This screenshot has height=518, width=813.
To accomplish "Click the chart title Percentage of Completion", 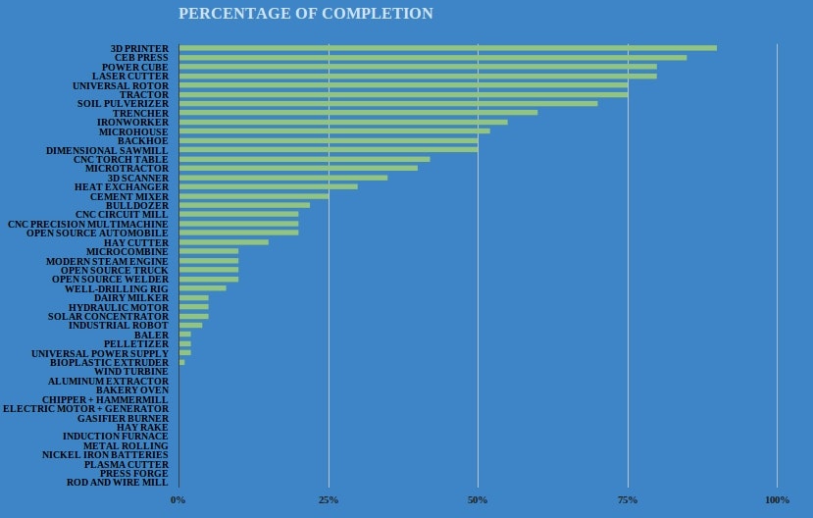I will pyautogui.click(x=305, y=14).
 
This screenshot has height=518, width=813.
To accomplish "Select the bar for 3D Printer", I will pyautogui.click(x=447, y=48).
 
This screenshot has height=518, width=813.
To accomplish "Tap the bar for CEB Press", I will pyautogui.click(x=432, y=57).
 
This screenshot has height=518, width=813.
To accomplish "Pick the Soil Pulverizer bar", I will pyautogui.click(x=387, y=103).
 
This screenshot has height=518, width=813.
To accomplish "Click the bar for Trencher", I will pyautogui.click(x=358, y=113).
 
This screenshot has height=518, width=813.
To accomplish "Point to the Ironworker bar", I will pyautogui.click(x=343, y=122).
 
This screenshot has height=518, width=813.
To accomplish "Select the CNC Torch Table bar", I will pyautogui.click(x=304, y=159).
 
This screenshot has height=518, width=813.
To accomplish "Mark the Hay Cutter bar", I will pyautogui.click(x=224, y=242).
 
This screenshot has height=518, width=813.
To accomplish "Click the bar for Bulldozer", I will pyautogui.click(x=244, y=205).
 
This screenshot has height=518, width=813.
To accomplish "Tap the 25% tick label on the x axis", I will pyautogui.click(x=329, y=500).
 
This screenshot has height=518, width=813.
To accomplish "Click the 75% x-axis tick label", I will pyautogui.click(x=628, y=500).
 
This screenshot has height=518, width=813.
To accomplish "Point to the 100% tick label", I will pyautogui.click(x=777, y=500).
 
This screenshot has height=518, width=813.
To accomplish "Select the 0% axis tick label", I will pyautogui.click(x=178, y=500).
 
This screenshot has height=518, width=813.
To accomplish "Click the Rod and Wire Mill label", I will pyautogui.click(x=118, y=483).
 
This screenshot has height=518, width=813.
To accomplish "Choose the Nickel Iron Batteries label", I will pyautogui.click(x=105, y=455).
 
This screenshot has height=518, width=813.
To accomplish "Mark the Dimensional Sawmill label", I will pyautogui.click(x=107, y=150).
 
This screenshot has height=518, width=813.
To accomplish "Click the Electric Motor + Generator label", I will pyautogui.click(x=85, y=409).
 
